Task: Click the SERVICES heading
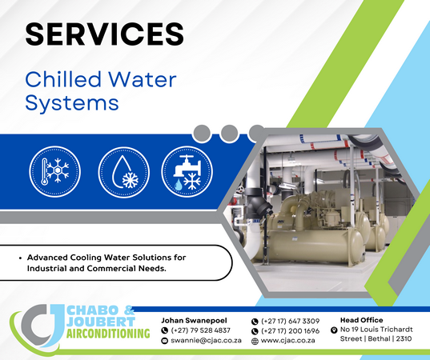pos(104,34)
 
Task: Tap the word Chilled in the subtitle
pos(63,79)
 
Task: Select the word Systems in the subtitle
pos(72,103)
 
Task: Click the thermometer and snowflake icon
pos(54,171)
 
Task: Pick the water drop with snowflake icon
pos(123,172)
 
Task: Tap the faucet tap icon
pos(187,172)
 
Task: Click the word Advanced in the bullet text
pos(47,258)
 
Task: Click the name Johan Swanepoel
pos(194,320)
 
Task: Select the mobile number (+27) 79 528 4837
pos(200,330)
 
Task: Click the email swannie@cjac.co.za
pos(206,341)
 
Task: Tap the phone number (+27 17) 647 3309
pos(290,321)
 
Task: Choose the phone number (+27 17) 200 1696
pos(290,331)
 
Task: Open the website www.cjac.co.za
pos(287,341)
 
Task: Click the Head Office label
pos(361,320)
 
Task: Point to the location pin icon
pos(334,330)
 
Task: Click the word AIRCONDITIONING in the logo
pos(108,334)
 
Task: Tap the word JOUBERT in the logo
pos(101,322)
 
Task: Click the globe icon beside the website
pos(255,342)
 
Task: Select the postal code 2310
pos(404,339)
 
